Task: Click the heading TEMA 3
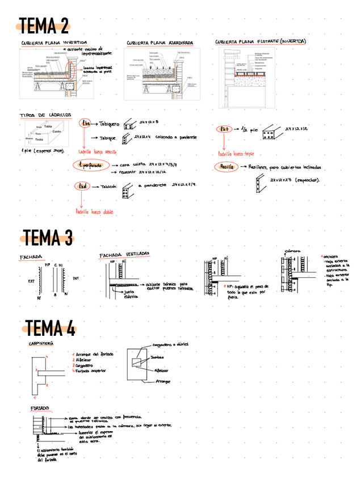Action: click(x=48, y=237)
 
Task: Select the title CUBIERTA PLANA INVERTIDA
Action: click(x=54, y=43)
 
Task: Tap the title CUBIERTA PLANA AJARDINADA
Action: click(x=160, y=43)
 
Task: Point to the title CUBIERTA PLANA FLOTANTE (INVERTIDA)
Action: click(x=261, y=41)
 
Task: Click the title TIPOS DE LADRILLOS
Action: click(x=45, y=115)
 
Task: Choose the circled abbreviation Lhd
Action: click(x=82, y=186)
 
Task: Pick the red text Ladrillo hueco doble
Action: click(x=95, y=212)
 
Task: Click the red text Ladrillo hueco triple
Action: click(x=237, y=153)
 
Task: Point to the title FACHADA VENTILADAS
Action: click(x=125, y=255)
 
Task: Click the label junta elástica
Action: click(x=131, y=294)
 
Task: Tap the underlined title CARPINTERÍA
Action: click(x=41, y=343)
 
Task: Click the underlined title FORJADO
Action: click(x=40, y=408)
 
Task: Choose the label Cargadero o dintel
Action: click(x=171, y=344)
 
